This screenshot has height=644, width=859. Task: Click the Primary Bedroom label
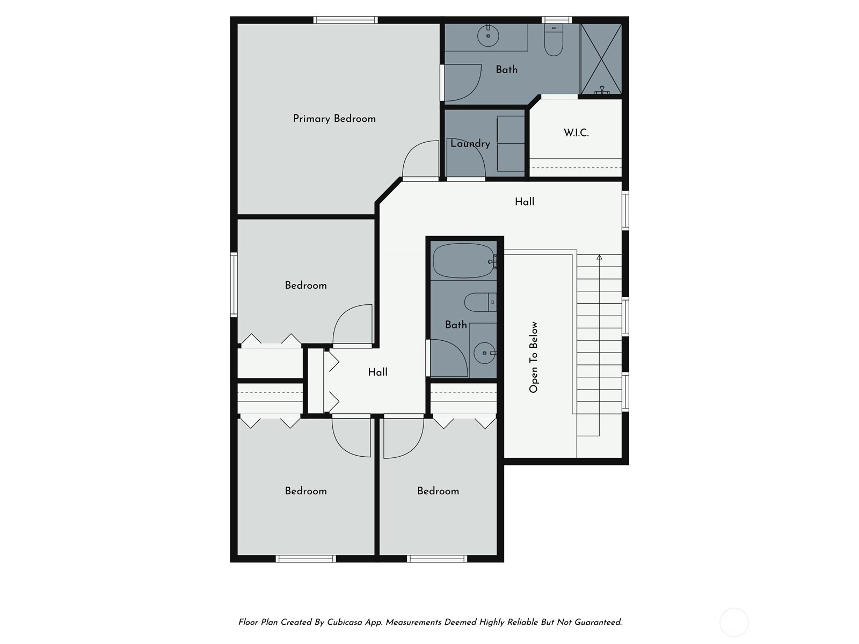(x=334, y=119)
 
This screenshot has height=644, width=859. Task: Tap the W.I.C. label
(x=576, y=133)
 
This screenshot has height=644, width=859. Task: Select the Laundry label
(x=470, y=143)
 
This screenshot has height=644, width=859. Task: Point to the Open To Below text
(x=534, y=357)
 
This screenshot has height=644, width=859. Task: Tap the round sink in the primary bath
(x=488, y=35)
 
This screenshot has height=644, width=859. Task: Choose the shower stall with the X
(x=601, y=58)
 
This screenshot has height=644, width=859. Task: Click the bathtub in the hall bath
(x=464, y=260)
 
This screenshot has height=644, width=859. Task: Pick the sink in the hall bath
(x=484, y=353)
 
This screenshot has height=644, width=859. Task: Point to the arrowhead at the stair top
(x=599, y=257)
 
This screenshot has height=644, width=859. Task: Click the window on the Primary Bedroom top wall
(x=346, y=20)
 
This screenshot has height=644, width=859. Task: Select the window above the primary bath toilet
(x=557, y=20)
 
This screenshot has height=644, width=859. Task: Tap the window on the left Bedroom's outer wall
(x=234, y=284)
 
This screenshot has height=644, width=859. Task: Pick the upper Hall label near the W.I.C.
(x=525, y=202)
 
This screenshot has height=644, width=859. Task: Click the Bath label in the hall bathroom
(x=456, y=325)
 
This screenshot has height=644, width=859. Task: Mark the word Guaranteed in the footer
(x=598, y=622)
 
